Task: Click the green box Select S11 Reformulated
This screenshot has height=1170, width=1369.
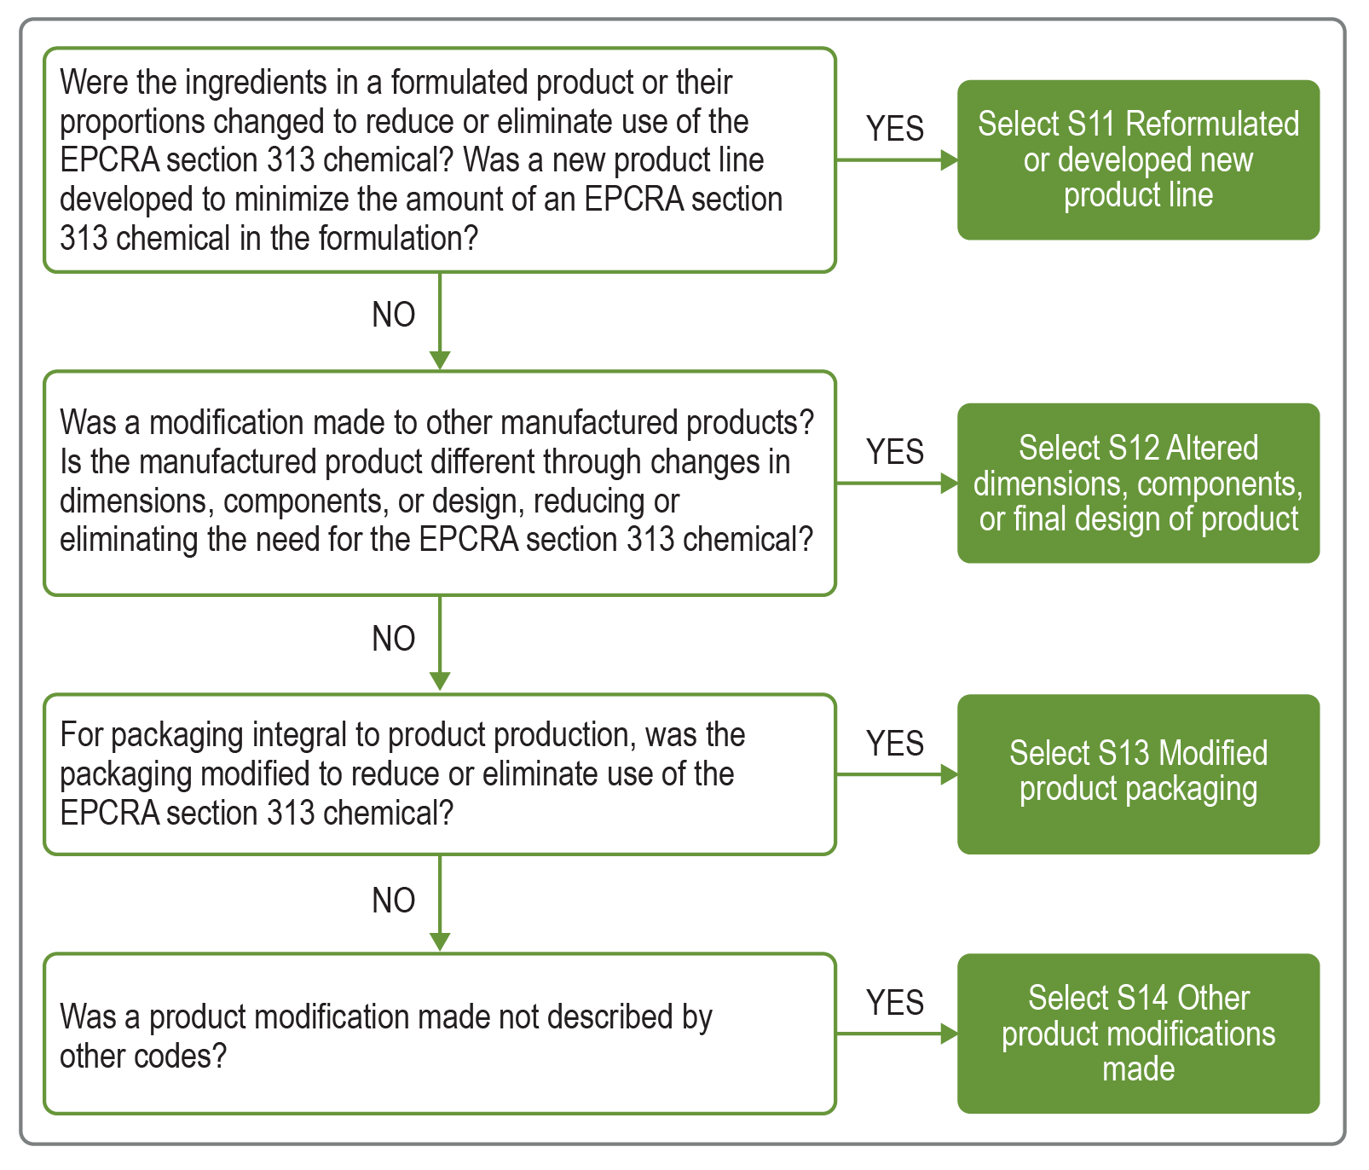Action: click(x=1138, y=159)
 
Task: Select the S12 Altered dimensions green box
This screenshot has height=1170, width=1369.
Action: click(x=1138, y=483)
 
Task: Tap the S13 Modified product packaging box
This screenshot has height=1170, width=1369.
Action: click(x=1138, y=773)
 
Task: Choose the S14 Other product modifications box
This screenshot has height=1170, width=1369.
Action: click(x=1138, y=1033)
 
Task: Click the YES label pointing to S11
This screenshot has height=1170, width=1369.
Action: click(x=895, y=129)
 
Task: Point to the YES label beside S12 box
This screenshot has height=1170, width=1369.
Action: click(x=895, y=452)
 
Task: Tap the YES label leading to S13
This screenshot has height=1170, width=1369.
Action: click(x=895, y=744)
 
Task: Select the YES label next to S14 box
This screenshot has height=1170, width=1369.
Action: click(x=895, y=1003)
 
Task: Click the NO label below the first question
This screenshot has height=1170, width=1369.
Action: click(x=394, y=315)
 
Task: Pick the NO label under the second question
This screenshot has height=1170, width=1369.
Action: click(x=394, y=639)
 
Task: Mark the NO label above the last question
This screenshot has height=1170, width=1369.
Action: click(x=394, y=901)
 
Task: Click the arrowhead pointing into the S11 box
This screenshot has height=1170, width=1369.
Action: click(x=948, y=160)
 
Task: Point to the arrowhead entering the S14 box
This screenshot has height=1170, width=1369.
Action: click(x=948, y=1034)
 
